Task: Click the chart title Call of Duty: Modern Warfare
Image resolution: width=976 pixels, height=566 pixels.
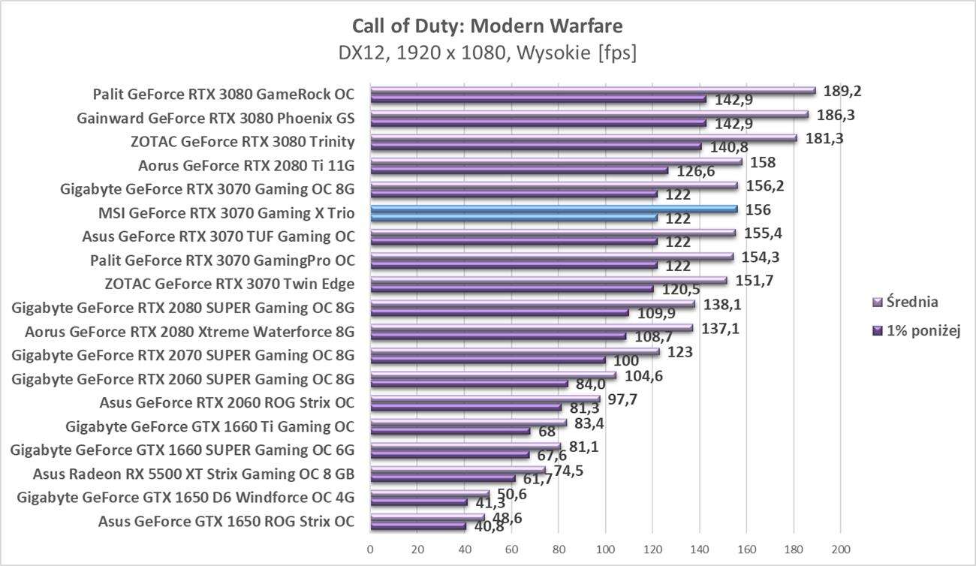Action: (x=487, y=26)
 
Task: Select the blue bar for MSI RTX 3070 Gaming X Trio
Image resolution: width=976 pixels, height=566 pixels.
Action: (x=554, y=209)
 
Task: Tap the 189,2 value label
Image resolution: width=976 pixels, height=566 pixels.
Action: (x=842, y=91)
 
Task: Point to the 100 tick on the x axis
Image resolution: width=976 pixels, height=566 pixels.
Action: (x=605, y=548)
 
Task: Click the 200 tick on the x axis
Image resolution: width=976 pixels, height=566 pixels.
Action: (x=841, y=548)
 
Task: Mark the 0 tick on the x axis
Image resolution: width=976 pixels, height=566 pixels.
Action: (x=370, y=548)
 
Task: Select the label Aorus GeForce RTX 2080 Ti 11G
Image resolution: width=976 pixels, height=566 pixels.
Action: (x=246, y=166)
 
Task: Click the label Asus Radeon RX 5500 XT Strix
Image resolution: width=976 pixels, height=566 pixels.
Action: (x=194, y=474)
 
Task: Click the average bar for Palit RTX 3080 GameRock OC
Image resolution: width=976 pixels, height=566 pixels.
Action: (x=593, y=91)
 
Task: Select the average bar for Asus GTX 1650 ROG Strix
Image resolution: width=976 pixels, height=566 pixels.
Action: (x=427, y=518)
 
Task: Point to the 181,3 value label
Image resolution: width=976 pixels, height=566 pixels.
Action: (x=823, y=139)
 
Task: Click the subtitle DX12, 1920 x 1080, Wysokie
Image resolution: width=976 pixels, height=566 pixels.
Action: (x=487, y=53)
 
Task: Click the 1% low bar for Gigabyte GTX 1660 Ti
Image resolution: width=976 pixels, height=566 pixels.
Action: (x=450, y=431)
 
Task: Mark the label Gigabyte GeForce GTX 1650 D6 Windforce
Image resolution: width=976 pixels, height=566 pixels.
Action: (x=185, y=497)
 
